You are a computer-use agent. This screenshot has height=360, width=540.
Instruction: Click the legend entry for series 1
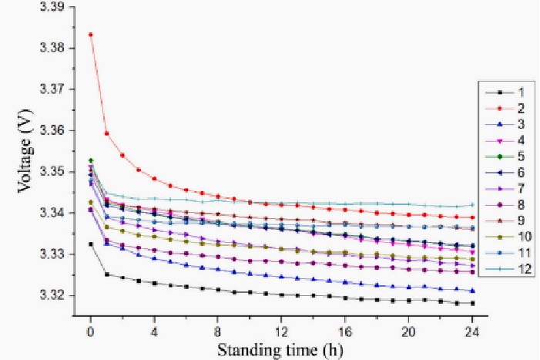[x=506, y=92]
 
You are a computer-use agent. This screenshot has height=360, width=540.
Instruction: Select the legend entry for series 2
[x=506, y=108]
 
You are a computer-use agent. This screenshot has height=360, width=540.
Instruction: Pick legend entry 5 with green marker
[x=506, y=156]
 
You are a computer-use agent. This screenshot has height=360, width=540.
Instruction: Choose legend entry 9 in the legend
[x=506, y=221]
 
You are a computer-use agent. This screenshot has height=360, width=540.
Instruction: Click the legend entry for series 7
[x=506, y=189]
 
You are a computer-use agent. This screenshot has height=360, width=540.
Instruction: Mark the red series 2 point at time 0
[x=90, y=35]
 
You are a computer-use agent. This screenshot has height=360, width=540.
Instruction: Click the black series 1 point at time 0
[x=90, y=244]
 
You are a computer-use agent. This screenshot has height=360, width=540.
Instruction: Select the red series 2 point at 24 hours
[x=472, y=218]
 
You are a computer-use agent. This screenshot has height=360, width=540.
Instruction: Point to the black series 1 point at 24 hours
[x=472, y=304]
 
